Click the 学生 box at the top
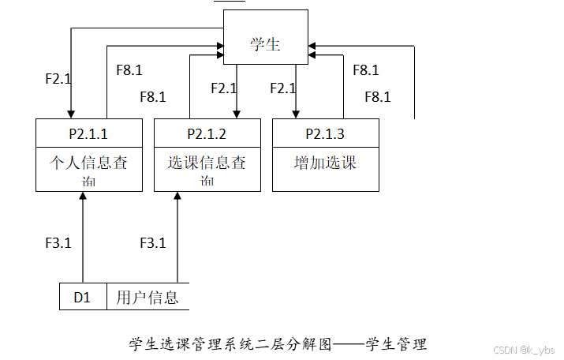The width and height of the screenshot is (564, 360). [265, 37]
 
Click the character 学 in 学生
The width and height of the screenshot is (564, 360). [257, 44]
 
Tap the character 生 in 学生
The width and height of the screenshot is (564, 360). [273, 44]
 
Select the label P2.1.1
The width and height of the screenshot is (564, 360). [88, 133]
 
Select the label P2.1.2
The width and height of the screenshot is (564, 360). [207, 133]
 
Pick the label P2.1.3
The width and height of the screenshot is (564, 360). [325, 133]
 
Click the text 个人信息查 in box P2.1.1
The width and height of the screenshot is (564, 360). [88, 163]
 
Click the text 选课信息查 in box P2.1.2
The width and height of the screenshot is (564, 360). [207, 163]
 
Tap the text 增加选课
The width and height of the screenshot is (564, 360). [325, 163]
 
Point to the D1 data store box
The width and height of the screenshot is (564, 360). [83, 297]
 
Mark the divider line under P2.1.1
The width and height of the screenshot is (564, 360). [88, 147]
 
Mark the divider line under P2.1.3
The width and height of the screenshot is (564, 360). [325, 147]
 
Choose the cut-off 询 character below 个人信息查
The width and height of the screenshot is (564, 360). [88, 185]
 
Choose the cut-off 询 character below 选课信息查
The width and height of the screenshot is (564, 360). [207, 185]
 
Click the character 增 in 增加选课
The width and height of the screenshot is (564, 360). [301, 163]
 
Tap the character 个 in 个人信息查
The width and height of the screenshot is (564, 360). [57, 163]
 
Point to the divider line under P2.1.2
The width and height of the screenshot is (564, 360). [207, 147]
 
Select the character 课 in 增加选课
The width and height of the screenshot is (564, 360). [349, 163]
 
